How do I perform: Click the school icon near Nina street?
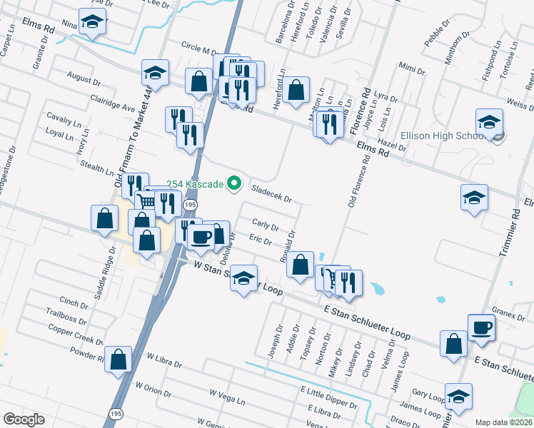91,24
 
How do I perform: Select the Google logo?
24,419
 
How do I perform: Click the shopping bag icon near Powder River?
119,360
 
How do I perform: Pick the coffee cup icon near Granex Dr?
481,327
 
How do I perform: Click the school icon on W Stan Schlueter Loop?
243,279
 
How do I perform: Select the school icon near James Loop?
458,397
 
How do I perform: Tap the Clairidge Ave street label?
112,103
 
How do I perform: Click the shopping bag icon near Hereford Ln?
296,91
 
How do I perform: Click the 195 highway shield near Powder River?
116,413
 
